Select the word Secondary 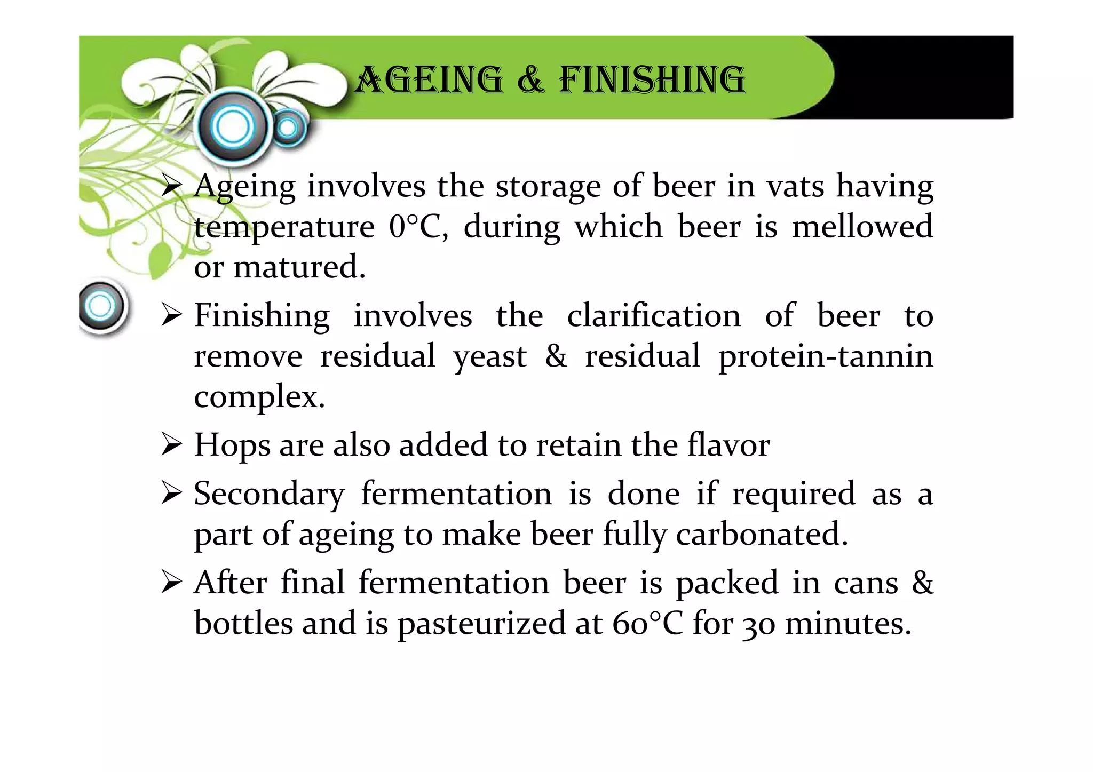click(x=269, y=494)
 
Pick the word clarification click(x=654, y=316)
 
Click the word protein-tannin click(x=826, y=356)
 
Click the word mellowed click(x=862, y=227)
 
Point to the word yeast click(x=490, y=356)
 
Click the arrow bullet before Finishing click(x=172, y=316)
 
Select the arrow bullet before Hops click(x=172, y=445)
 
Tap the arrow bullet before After click(x=172, y=583)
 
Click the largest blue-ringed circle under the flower click(x=233, y=127)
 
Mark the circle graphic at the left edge click(x=101, y=307)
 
